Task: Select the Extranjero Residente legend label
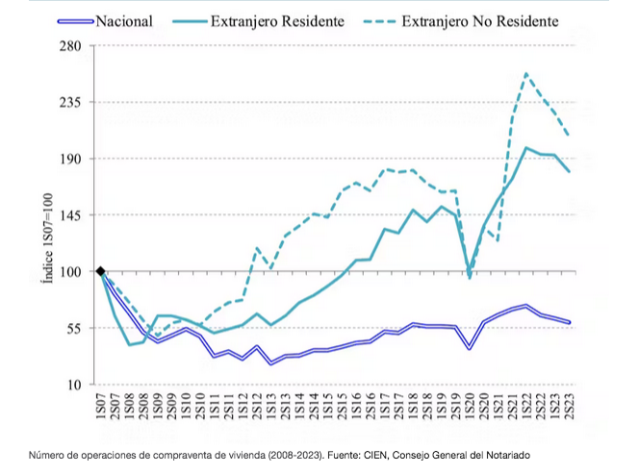point(289,18)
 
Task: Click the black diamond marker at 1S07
point(100,272)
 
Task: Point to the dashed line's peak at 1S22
point(525,73)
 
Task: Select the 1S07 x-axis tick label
point(100,406)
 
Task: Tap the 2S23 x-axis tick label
point(569,406)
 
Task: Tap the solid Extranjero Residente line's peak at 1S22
point(525,147)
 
